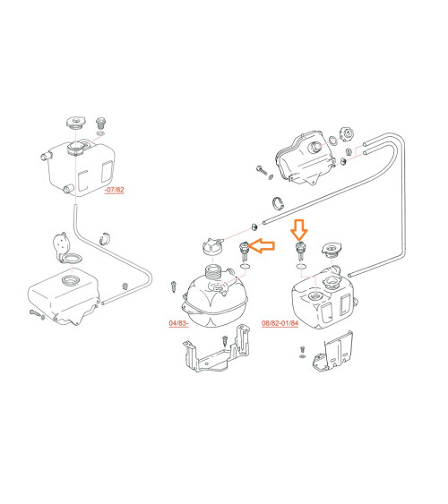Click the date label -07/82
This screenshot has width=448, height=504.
(x=114, y=190)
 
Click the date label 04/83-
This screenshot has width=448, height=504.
(x=178, y=323)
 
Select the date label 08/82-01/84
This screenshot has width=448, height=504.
(x=280, y=323)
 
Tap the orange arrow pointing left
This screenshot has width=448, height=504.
(x=262, y=246)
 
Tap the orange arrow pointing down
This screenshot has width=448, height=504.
(x=299, y=230)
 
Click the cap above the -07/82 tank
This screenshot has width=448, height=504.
(x=76, y=123)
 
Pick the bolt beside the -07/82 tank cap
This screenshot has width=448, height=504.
(x=101, y=123)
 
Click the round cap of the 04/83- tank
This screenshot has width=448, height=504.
(x=212, y=246)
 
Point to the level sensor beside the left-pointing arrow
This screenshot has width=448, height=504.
(x=244, y=252)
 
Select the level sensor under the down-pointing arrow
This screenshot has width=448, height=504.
(x=300, y=251)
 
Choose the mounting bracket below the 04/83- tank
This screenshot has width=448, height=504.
(x=216, y=353)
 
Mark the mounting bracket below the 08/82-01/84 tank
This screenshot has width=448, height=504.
(x=333, y=354)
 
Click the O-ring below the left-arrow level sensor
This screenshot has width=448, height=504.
(x=245, y=266)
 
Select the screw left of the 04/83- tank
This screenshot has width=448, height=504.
(x=174, y=286)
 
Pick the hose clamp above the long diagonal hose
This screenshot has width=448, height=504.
(x=279, y=203)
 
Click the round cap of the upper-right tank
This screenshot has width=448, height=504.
(x=347, y=133)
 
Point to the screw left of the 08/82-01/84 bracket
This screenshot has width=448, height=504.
(x=302, y=352)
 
